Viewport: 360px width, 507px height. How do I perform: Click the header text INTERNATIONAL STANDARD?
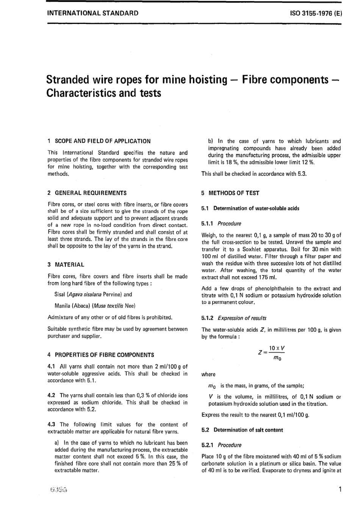coord(92,13)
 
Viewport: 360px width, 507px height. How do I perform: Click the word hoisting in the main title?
coord(206,80)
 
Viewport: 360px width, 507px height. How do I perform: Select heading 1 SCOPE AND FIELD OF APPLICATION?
coord(99,141)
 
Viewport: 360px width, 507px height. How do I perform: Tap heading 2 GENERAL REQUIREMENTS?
coord(87,193)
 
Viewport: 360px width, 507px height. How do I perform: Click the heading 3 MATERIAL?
coord(66,264)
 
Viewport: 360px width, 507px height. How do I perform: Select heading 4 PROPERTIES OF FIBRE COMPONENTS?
coord(101,355)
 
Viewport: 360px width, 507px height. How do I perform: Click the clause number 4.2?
coord(52,395)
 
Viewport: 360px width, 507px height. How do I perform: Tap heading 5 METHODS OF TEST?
coord(230,193)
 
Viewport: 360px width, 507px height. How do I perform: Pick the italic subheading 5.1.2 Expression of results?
coord(234,318)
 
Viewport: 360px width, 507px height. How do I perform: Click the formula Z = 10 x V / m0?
coord(272,353)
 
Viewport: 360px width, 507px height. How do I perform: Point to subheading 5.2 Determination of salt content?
coord(243,430)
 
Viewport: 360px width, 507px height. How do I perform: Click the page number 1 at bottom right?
coord(340,490)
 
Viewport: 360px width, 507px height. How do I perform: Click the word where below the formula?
coord(208,374)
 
